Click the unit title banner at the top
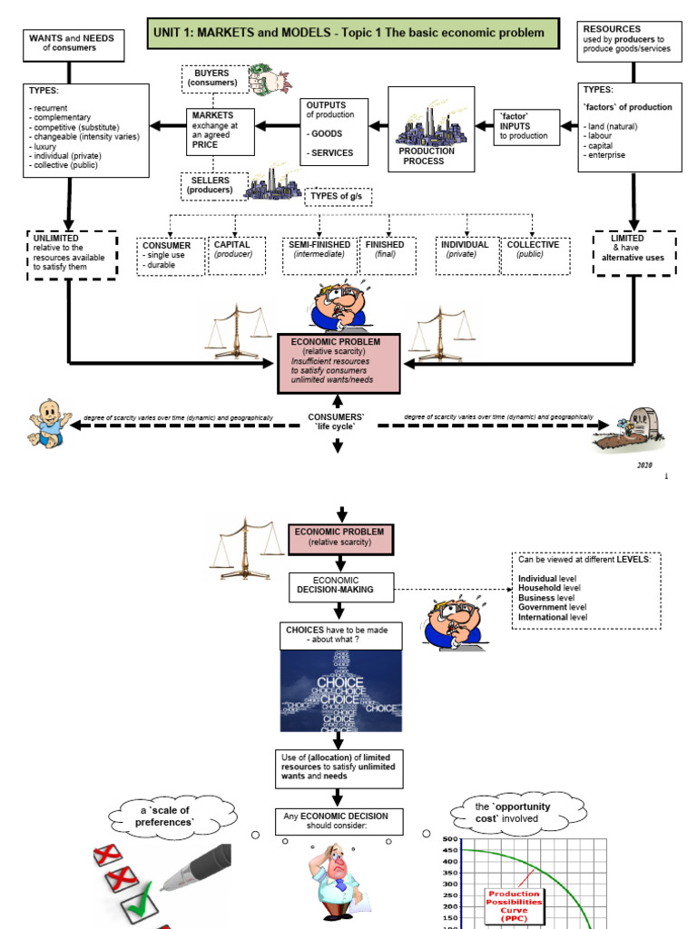click(349, 34)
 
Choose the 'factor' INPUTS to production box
click(525, 126)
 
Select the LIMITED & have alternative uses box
click(633, 252)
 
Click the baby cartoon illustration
click(48, 422)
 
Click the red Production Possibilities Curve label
click(514, 904)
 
